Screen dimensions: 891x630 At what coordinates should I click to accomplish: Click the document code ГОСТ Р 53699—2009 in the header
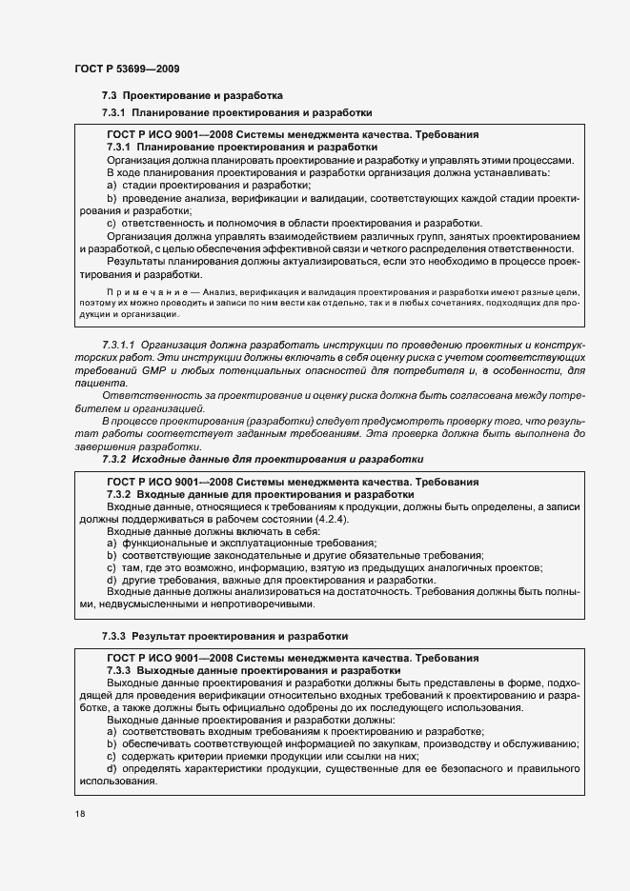pyautogui.click(x=126, y=69)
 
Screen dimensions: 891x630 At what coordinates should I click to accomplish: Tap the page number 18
pyautogui.click(x=79, y=815)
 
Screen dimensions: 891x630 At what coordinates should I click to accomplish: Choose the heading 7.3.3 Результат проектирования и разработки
pyautogui.click(x=225, y=634)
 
